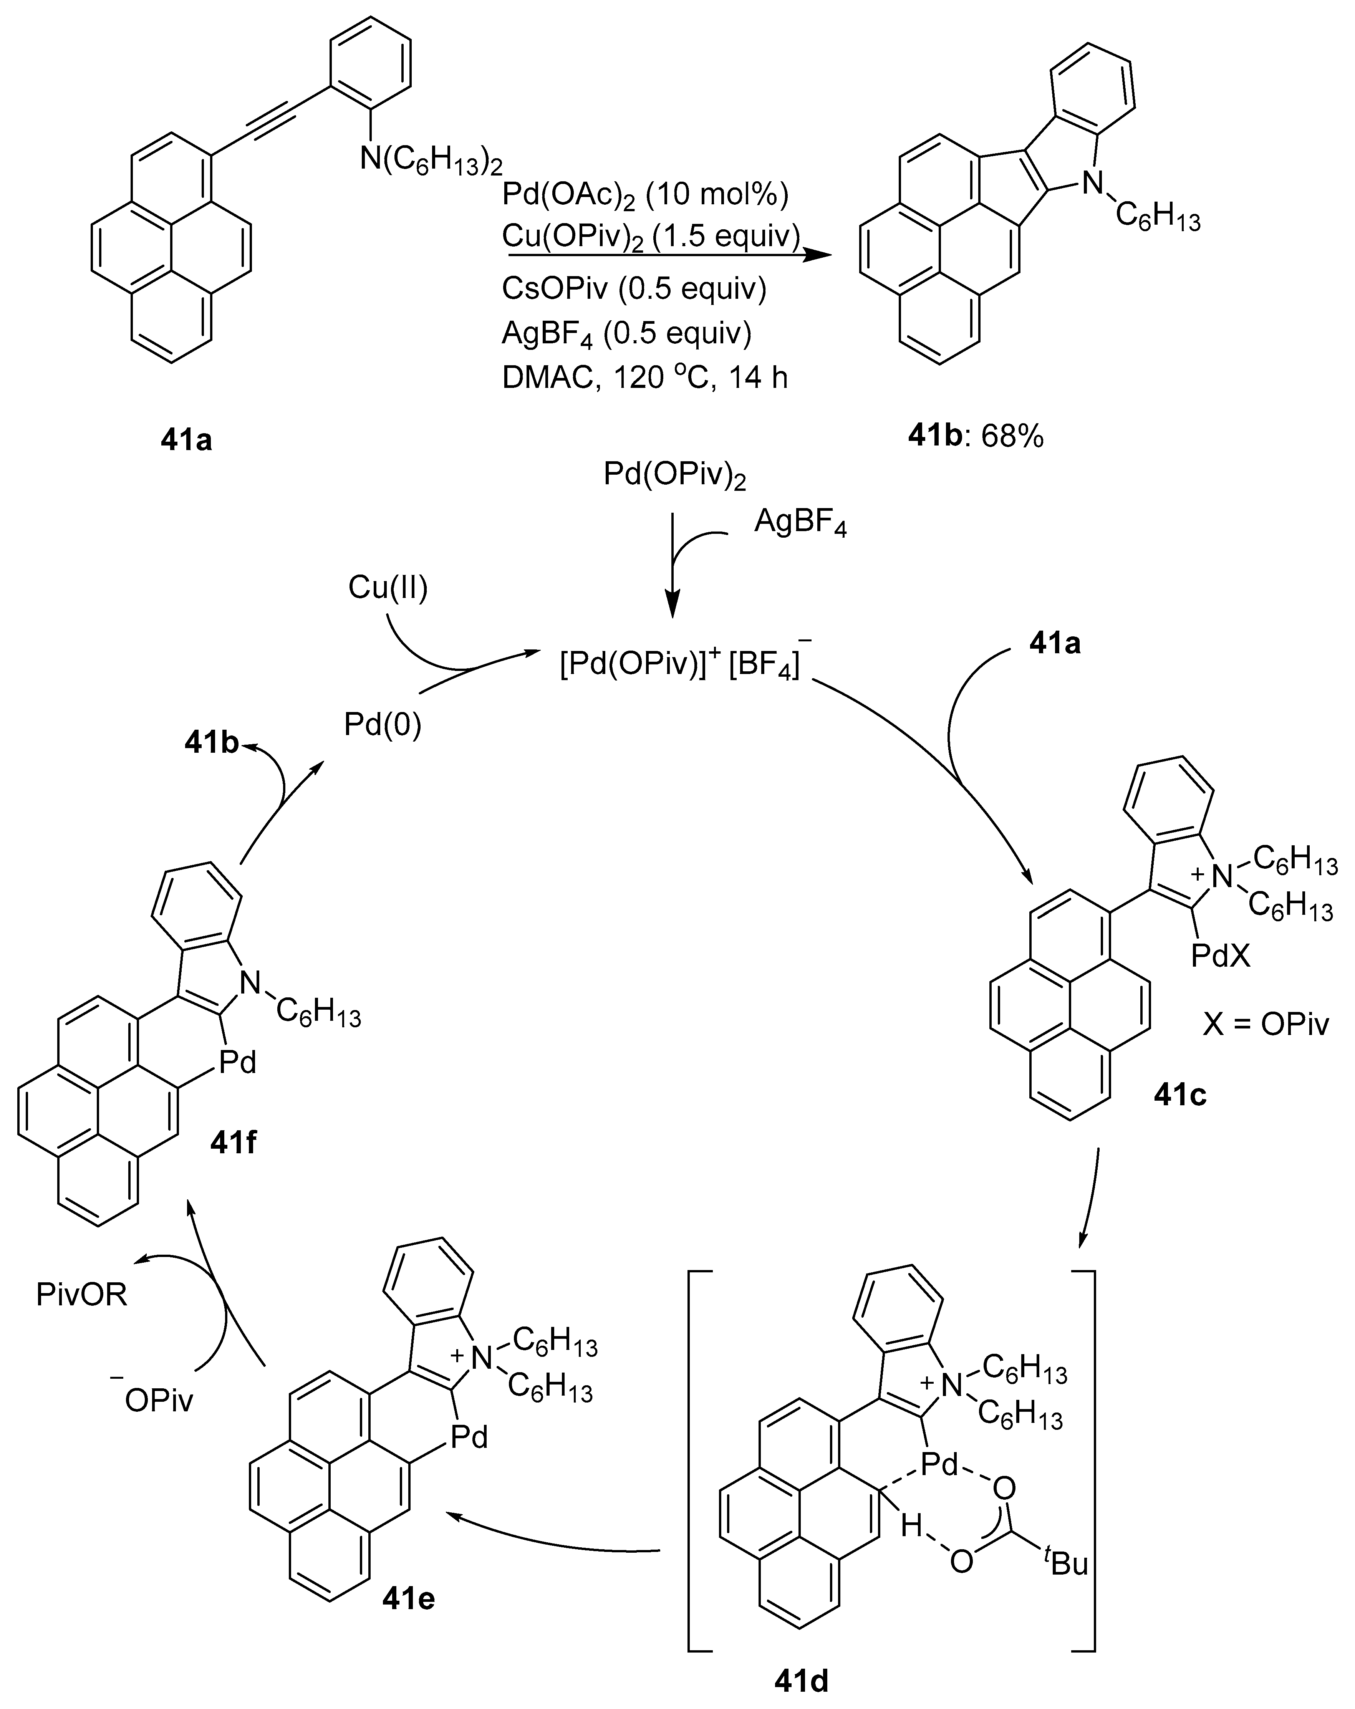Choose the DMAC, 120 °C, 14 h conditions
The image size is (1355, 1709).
(644, 377)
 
